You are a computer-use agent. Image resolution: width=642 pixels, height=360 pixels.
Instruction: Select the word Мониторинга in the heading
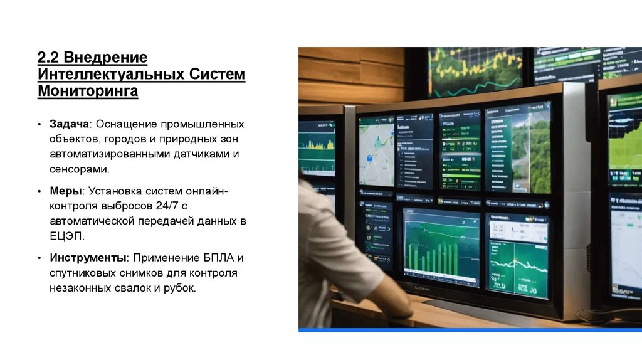(x=88, y=92)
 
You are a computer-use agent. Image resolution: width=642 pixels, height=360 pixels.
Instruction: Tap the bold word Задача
(x=71, y=124)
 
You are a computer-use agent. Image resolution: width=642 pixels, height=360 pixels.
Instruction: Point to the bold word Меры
(x=66, y=190)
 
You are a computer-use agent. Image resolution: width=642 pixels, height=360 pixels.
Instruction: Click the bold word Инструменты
(x=88, y=258)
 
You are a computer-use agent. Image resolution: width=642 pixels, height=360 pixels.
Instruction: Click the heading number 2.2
(x=48, y=58)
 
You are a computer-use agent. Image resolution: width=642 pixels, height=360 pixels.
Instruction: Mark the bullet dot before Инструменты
(x=39, y=258)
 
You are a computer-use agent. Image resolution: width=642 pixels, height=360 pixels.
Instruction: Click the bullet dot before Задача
(x=39, y=124)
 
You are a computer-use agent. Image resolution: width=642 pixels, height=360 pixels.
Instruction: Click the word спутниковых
(x=82, y=273)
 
